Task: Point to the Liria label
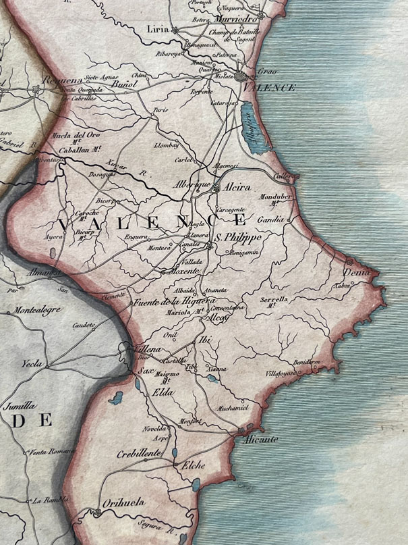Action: [x=158, y=30]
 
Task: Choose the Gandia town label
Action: [x=272, y=221]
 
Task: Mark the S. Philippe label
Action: [x=237, y=238]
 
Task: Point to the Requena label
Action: [x=61, y=80]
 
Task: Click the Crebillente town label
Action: [x=138, y=454]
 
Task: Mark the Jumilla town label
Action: [x=20, y=408]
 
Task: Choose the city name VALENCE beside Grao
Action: [x=270, y=88]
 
